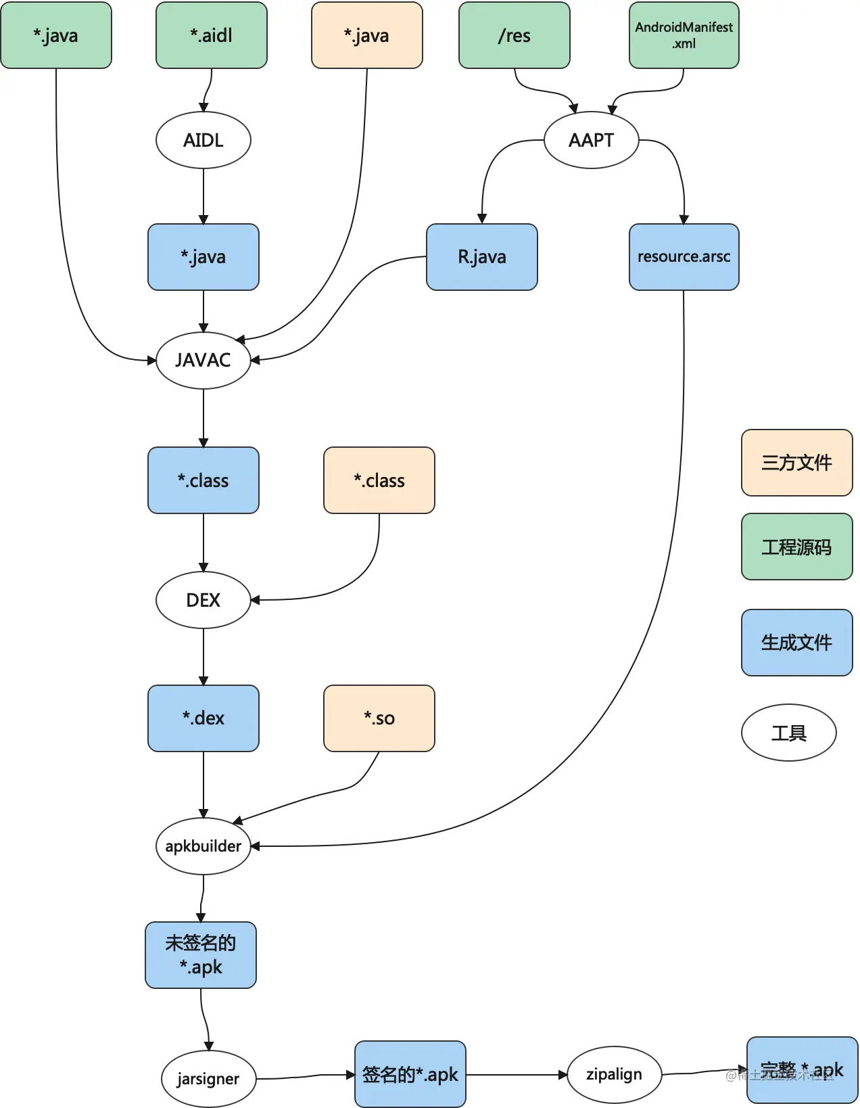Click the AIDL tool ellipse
point(204,140)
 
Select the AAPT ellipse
point(591,140)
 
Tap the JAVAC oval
point(204,360)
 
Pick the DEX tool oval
point(204,600)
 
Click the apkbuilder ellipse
point(204,846)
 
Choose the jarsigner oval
point(208,1078)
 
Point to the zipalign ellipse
point(614,1074)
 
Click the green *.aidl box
point(212,35)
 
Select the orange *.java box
point(366,35)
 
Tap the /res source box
point(515,35)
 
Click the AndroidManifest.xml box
point(684,35)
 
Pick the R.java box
point(482,257)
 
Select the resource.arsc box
point(684,257)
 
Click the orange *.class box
point(379,480)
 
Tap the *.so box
point(379,718)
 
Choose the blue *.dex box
point(204,718)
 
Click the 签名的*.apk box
point(410,1074)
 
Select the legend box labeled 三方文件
point(796,463)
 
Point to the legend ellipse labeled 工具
point(788,733)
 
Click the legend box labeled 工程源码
point(796,547)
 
